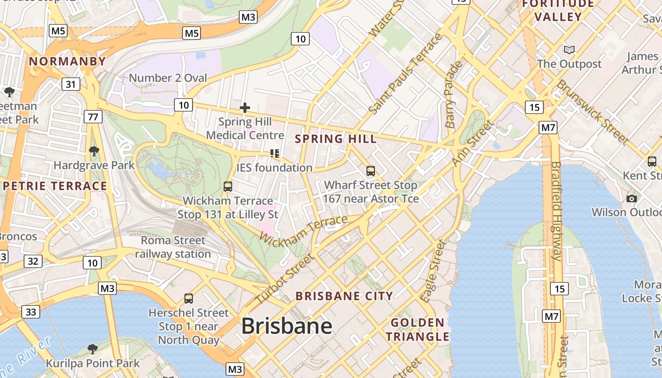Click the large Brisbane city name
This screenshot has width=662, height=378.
pyautogui.click(x=287, y=326)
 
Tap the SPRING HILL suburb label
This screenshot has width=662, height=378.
pyautogui.click(x=336, y=139)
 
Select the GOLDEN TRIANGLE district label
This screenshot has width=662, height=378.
pyautogui.click(x=418, y=330)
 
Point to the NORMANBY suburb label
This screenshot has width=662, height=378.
pyautogui.click(x=67, y=61)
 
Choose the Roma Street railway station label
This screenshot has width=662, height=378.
pyautogui.click(x=173, y=247)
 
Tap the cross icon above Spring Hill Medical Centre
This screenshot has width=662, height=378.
pyautogui.click(x=244, y=108)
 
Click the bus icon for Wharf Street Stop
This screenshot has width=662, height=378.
pyautogui.click(x=371, y=171)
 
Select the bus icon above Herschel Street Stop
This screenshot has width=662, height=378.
pyautogui.click(x=188, y=298)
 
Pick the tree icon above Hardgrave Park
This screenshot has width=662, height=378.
pyautogui.click(x=94, y=151)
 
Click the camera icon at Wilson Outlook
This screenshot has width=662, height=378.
pyautogui.click(x=631, y=198)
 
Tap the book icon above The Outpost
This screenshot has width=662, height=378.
pyautogui.click(x=569, y=50)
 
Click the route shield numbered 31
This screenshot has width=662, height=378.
pyautogui.click(x=70, y=85)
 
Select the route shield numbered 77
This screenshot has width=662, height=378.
pyautogui.click(x=93, y=116)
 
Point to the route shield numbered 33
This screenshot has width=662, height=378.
pyautogui.click(x=30, y=312)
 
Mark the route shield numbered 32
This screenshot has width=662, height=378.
pyautogui.click(x=32, y=261)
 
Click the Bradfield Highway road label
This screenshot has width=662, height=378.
pyautogui.click(x=556, y=211)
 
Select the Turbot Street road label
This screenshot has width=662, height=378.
pyautogui.click(x=285, y=279)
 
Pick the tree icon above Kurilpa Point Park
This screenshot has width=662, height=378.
pyautogui.click(x=92, y=349)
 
